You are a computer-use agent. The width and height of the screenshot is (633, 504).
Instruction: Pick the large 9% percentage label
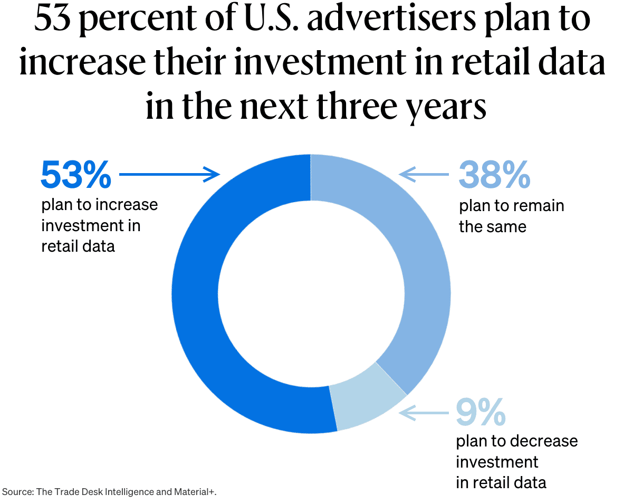point(481,413)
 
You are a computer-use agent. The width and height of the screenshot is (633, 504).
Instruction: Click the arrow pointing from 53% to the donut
point(169,174)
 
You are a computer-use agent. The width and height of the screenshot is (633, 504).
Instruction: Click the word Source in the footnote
point(18,492)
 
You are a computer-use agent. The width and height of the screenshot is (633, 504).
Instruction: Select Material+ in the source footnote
point(197,492)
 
